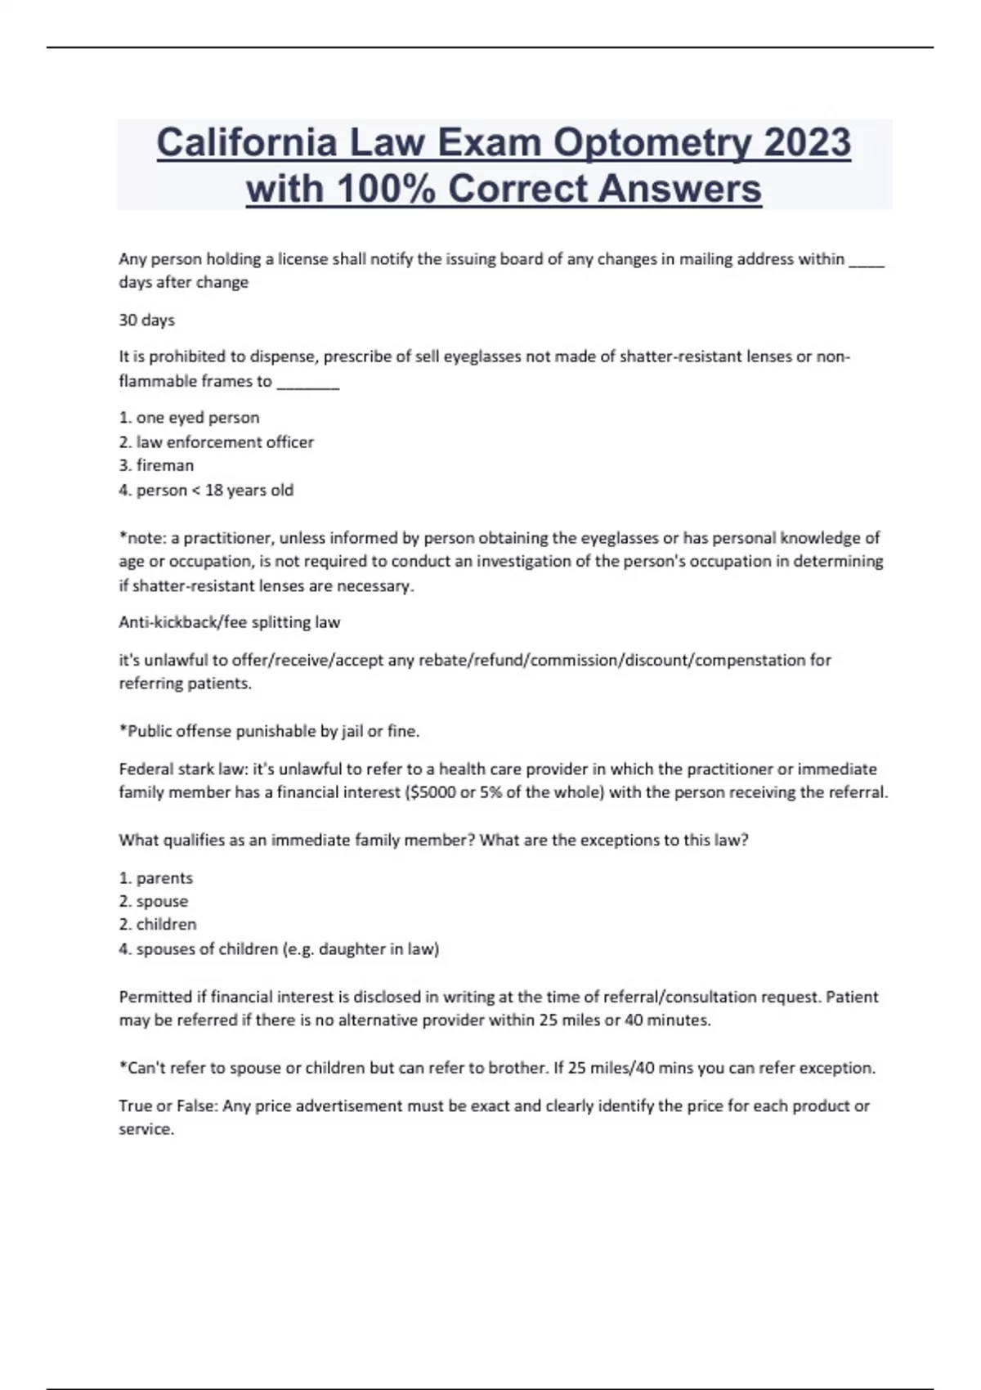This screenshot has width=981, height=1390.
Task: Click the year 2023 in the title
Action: pyautogui.click(x=807, y=143)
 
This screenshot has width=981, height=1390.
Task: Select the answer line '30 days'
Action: pyautogui.click(x=147, y=320)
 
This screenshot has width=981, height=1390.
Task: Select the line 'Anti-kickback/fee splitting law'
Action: pyautogui.click(x=229, y=622)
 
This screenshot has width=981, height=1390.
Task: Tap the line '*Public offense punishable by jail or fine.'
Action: pyautogui.click(x=269, y=731)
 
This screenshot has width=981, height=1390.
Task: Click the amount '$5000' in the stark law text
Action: pyautogui.click(x=431, y=792)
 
